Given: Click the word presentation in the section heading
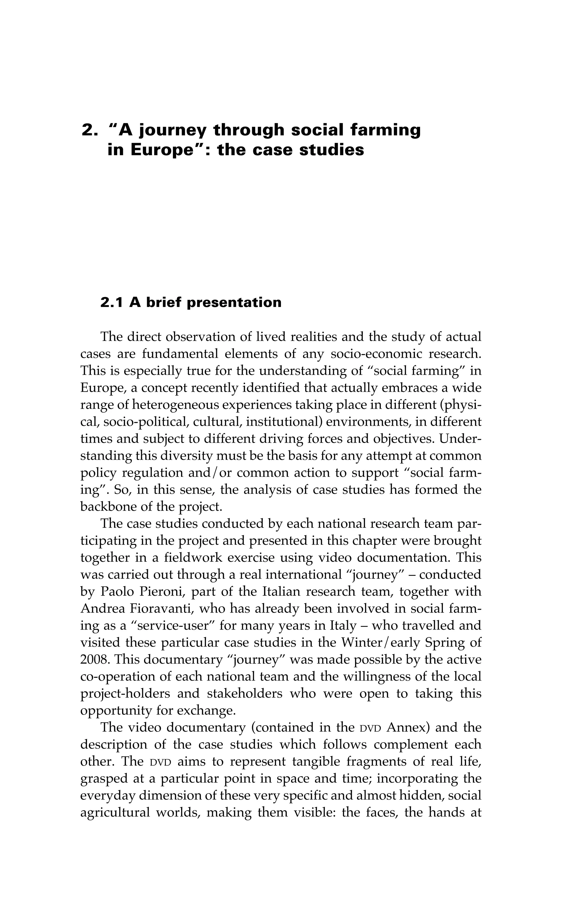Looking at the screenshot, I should click(x=234, y=303).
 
